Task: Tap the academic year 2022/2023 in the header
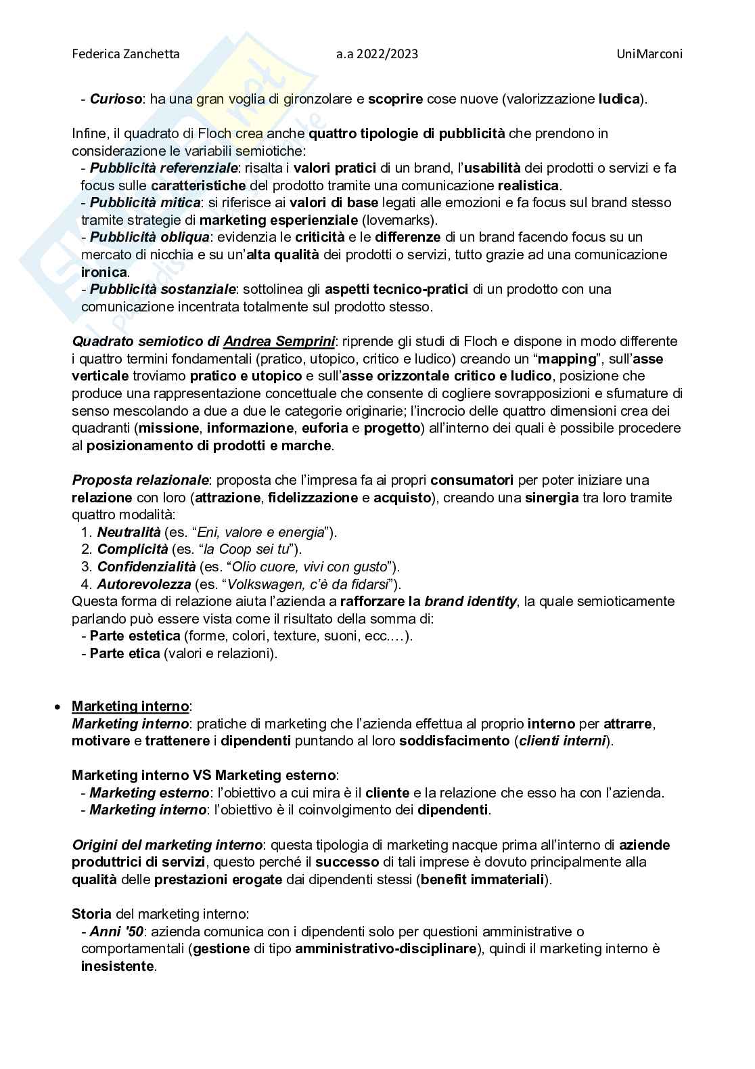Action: [x=377, y=53]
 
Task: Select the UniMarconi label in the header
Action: [x=649, y=53]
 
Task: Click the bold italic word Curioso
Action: [x=116, y=99]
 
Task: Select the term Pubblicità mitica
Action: [x=145, y=202]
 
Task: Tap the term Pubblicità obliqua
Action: [x=150, y=237]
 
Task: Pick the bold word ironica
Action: [x=104, y=272]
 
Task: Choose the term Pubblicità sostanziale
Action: [x=163, y=289]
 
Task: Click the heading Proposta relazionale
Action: [x=140, y=480]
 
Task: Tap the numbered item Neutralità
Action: [x=129, y=532]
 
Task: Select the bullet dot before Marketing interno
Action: [x=58, y=707]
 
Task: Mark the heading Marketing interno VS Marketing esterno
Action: [x=204, y=775]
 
